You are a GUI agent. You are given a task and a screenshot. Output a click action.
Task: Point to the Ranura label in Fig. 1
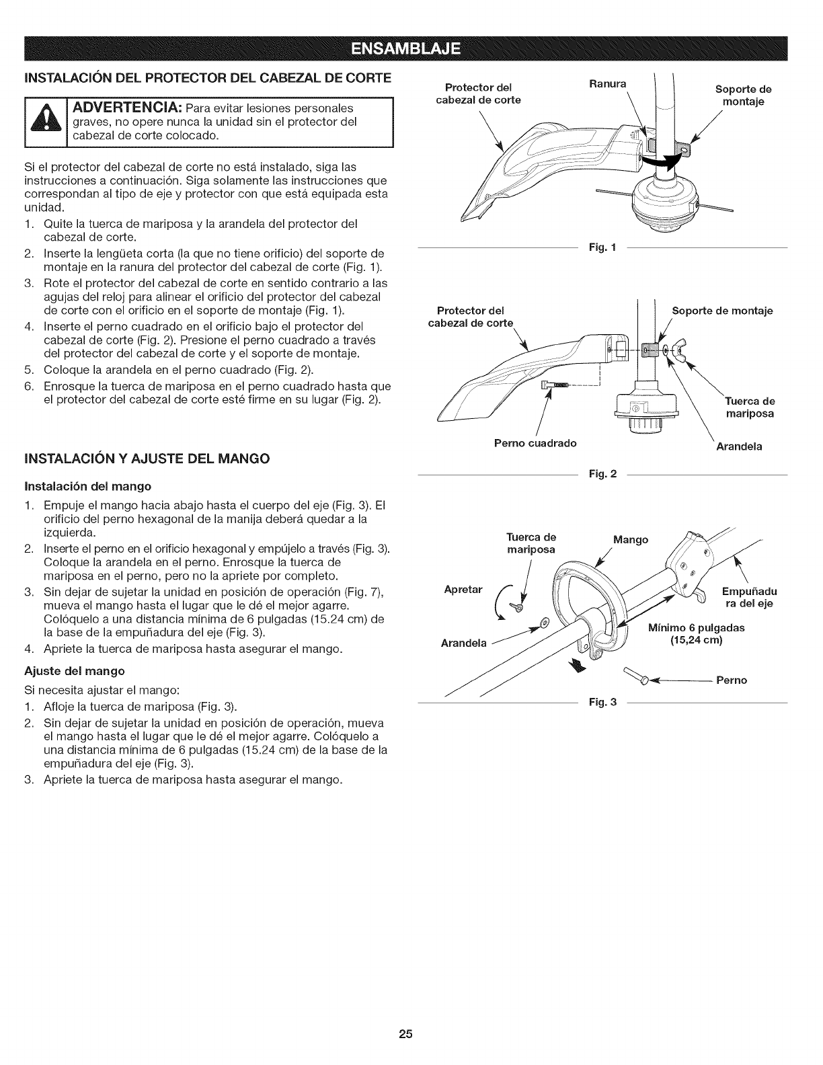pyautogui.click(x=606, y=84)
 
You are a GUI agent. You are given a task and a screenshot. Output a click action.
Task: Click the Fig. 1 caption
pyautogui.click(x=602, y=249)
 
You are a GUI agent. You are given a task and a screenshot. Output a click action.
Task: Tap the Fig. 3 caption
pyautogui.click(x=602, y=703)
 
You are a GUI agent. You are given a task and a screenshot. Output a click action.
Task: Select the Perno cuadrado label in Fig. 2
pyautogui.click(x=536, y=444)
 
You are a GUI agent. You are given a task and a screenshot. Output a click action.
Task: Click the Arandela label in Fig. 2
pyautogui.click(x=739, y=446)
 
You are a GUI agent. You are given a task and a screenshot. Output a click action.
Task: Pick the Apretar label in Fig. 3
pyautogui.click(x=464, y=590)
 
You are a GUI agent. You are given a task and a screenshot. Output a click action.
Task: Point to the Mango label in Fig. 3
pyautogui.click(x=631, y=539)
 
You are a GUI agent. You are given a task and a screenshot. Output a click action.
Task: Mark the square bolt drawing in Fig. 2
pyautogui.click(x=555, y=385)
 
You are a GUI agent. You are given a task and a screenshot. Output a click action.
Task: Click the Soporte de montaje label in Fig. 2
pyautogui.click(x=722, y=311)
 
